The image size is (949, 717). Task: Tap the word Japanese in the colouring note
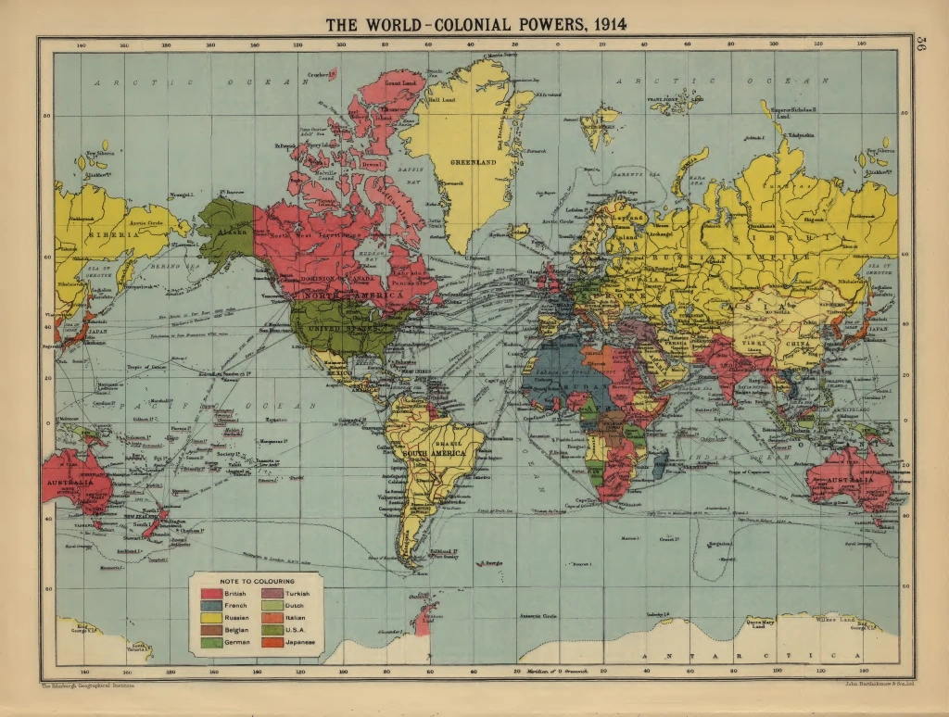pos(300,642)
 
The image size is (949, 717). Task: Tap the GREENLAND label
pos(474,162)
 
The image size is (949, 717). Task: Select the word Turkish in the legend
pos(297,593)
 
